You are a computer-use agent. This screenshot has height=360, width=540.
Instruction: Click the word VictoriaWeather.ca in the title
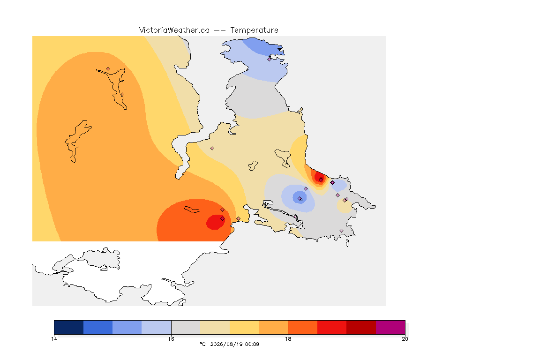pyautogui.click(x=174, y=30)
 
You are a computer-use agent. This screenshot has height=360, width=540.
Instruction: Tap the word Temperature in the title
pyautogui.click(x=254, y=30)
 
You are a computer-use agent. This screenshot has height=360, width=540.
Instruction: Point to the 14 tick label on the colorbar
pyautogui.click(x=54, y=339)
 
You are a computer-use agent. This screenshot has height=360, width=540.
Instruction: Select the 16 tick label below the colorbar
pyautogui.click(x=171, y=339)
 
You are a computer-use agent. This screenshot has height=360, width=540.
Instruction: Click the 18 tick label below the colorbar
pyautogui.click(x=288, y=339)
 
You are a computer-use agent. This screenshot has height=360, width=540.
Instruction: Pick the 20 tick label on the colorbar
pyautogui.click(x=405, y=339)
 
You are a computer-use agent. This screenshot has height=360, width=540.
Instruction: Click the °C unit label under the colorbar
pyautogui.click(x=202, y=344)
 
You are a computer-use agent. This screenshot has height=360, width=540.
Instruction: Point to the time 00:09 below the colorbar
pyautogui.click(x=252, y=344)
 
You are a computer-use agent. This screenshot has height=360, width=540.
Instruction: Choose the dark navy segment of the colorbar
pyautogui.click(x=69, y=327)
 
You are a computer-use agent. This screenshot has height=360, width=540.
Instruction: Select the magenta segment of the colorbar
pyautogui.click(x=390, y=327)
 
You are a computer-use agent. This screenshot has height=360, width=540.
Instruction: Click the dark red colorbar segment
pyautogui.click(x=361, y=327)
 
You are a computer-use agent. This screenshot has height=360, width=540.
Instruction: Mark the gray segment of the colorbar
pyautogui.click(x=186, y=327)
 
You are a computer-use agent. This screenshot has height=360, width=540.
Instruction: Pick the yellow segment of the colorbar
pyautogui.click(x=244, y=327)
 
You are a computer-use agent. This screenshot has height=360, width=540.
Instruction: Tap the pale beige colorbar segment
pyautogui.click(x=215, y=327)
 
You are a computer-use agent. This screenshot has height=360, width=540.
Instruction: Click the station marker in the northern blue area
pyautogui.click(x=270, y=59)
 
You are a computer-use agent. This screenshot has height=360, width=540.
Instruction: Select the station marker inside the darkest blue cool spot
pyautogui.click(x=300, y=198)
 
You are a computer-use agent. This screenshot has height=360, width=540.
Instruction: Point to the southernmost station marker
pyautogui.click(x=341, y=231)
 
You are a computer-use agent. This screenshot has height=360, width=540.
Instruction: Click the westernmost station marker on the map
pyautogui.click(x=108, y=69)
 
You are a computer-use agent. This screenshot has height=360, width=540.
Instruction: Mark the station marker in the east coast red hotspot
pyautogui.click(x=321, y=180)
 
